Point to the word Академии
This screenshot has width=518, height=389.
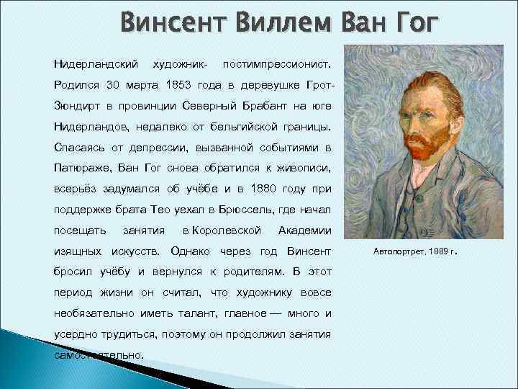(304, 231)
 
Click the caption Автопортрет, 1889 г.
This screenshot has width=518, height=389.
(416, 252)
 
